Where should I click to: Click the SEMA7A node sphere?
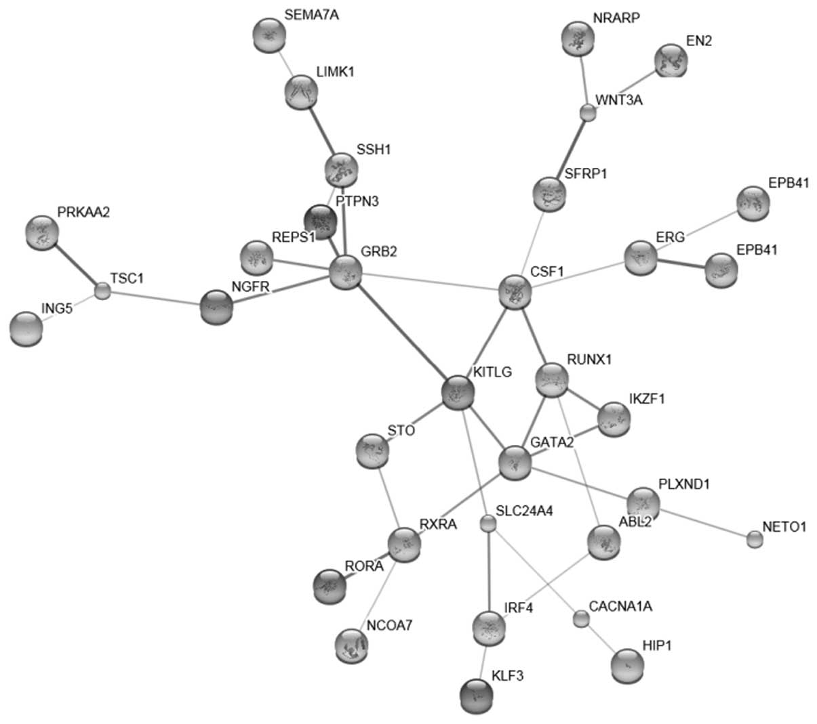269,35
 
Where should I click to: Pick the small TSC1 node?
102,291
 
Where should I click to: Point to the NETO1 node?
754,539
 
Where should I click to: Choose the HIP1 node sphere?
628,666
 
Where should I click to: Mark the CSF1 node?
515,292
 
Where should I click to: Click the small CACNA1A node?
580,618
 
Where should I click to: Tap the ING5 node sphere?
27,328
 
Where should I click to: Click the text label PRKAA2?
83,213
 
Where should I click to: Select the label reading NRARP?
616,18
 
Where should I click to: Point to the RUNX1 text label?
589,360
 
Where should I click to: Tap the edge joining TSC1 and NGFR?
155,299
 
